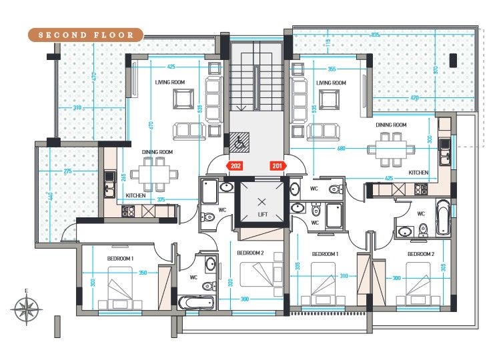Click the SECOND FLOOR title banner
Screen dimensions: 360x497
(85, 35)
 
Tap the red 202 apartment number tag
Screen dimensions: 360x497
(235, 165)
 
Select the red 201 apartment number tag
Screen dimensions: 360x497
(276, 165)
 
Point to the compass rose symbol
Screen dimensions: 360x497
(27, 309)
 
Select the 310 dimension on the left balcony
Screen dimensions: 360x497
(78, 107)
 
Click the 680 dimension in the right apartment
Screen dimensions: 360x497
(342, 147)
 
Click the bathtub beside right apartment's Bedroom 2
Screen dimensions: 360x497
(444, 218)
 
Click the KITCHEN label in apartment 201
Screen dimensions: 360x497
(418, 173)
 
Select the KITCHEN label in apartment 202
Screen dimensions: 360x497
(136, 195)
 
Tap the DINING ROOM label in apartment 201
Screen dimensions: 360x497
(391, 125)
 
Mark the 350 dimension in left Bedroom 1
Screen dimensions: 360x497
(142, 273)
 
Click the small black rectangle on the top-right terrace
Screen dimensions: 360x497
(453, 59)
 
